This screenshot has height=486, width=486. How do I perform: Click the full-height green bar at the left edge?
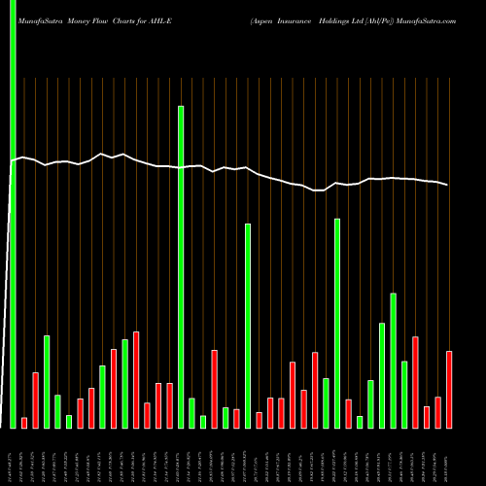click(x=13, y=214)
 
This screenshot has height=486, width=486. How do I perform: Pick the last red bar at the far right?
click(x=449, y=389)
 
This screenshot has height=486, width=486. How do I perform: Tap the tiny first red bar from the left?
click(x=24, y=422)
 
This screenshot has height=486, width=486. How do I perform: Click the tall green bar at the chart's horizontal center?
click(x=248, y=326)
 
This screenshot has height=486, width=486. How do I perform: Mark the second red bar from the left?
click(x=36, y=399)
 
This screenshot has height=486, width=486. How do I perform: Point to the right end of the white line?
click(x=448, y=185)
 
